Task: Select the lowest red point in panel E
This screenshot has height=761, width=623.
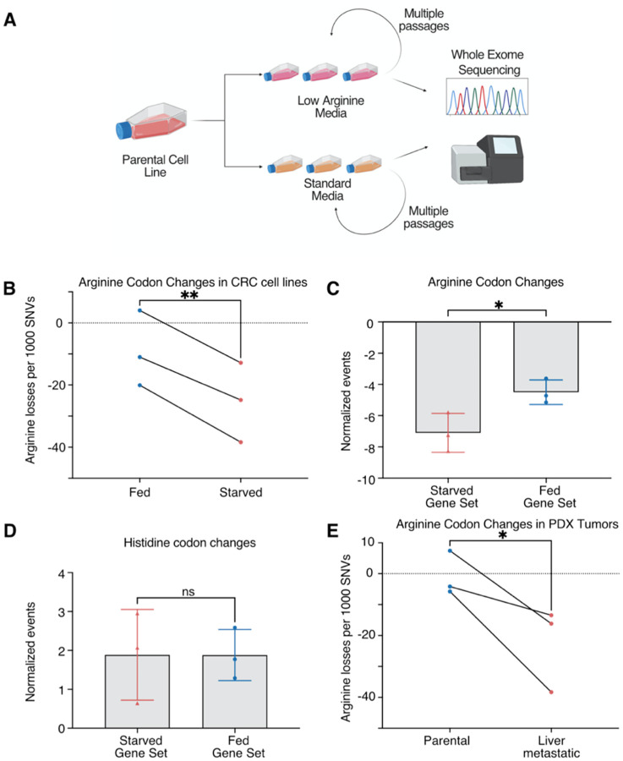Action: [551, 692]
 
